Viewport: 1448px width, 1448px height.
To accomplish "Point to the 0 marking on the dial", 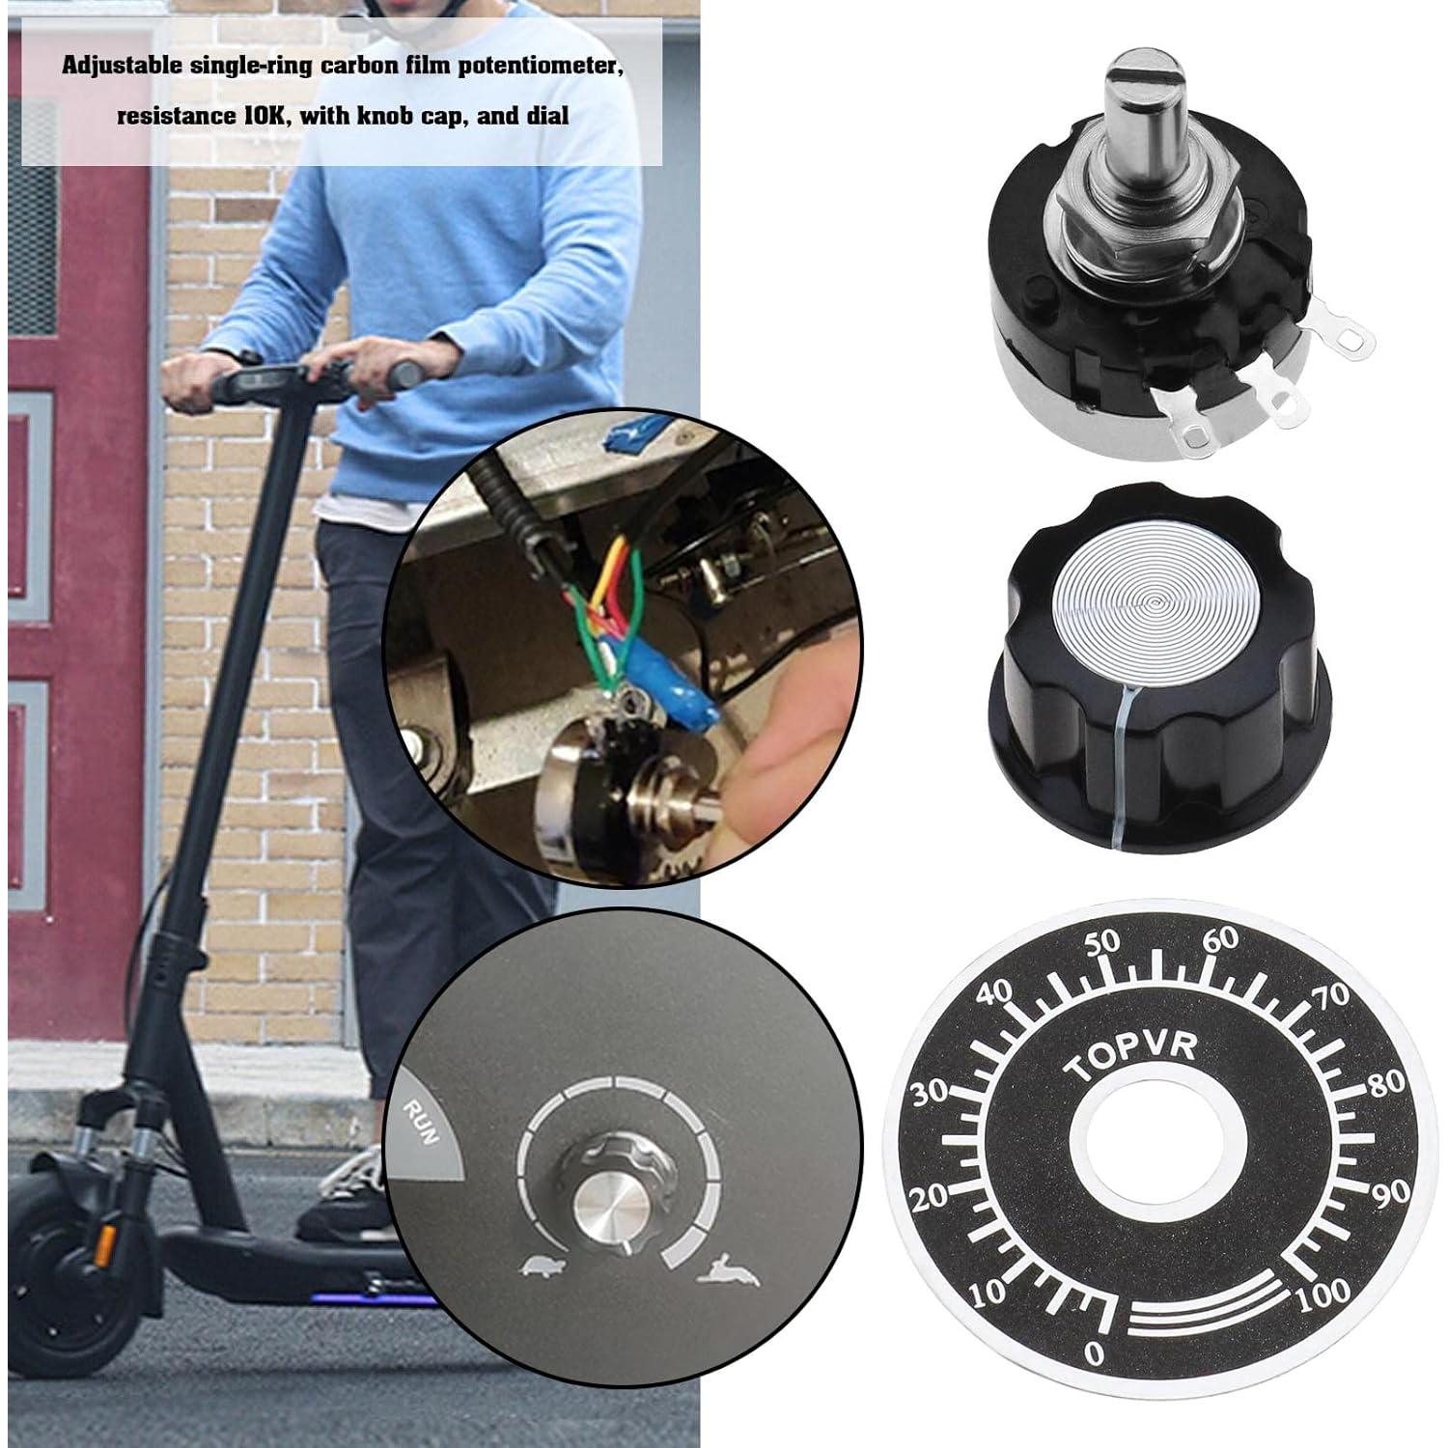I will (x=1093, y=1354).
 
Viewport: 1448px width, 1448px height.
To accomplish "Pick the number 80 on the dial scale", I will (x=1387, y=1081).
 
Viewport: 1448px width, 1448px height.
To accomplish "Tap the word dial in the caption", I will (x=546, y=116).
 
